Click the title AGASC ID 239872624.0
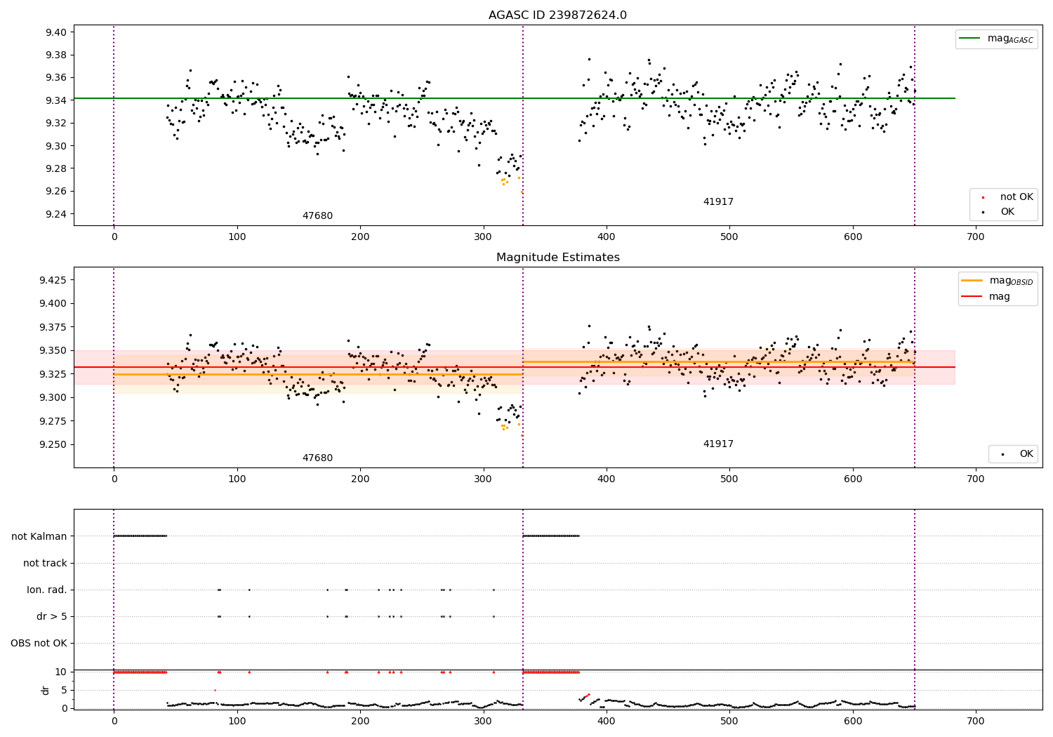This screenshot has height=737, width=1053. coord(557,15)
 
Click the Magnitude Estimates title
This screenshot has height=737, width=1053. coord(557,258)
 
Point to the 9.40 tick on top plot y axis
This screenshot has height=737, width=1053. coord(55,32)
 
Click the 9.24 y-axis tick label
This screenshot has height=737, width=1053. coord(55,214)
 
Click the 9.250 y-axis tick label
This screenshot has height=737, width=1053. coord(53,444)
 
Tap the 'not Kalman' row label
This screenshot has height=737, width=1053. coord(39,536)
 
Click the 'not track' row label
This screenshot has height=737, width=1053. coord(45,563)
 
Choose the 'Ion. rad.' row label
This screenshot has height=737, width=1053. coord(47,590)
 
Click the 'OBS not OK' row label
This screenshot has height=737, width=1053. coord(39,643)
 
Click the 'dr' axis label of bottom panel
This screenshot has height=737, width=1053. coord(46,690)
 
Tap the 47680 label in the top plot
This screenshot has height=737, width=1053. coord(317,216)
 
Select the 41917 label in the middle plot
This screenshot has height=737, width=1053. coord(718,444)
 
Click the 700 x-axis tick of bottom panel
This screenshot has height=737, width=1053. coord(976,721)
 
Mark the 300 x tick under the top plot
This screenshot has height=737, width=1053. coord(483,237)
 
